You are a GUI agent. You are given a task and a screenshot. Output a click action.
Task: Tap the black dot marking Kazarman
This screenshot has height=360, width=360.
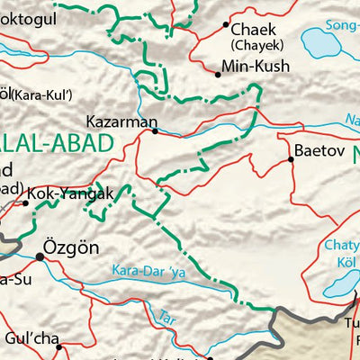(156, 131)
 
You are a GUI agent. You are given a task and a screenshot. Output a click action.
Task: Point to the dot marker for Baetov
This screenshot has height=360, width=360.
(291, 160)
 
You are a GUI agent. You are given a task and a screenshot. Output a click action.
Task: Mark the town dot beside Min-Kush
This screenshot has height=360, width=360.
(219, 75)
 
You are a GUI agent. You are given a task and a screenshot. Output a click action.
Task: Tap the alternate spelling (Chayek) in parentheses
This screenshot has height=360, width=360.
(257, 44)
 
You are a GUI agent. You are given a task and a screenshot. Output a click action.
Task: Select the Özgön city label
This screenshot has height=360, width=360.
(71, 247)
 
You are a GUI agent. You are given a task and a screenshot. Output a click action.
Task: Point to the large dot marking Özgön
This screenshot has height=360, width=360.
(40, 256)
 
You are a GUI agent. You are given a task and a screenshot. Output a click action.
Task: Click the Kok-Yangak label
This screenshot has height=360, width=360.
(70, 193)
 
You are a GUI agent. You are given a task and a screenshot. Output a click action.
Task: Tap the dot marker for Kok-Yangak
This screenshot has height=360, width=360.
(25, 203)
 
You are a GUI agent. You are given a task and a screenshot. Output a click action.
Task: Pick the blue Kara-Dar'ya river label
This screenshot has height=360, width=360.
(147, 268)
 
